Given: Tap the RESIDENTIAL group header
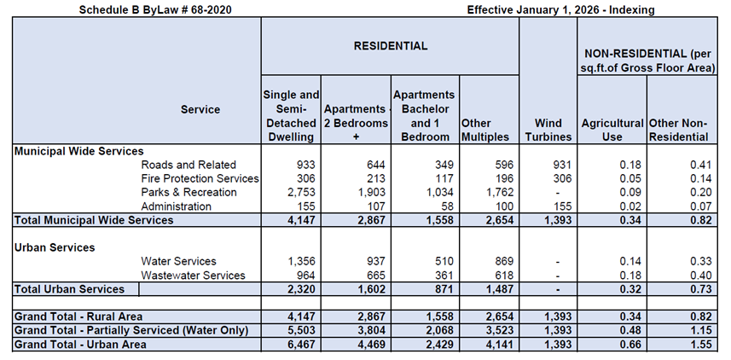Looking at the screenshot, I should pyautogui.click(x=390, y=45).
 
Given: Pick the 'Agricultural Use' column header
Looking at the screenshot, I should pyautogui.click(x=612, y=130).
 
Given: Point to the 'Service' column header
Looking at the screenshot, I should pyautogui.click(x=200, y=109).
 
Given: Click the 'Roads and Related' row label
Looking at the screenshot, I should pyautogui.click(x=189, y=165).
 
